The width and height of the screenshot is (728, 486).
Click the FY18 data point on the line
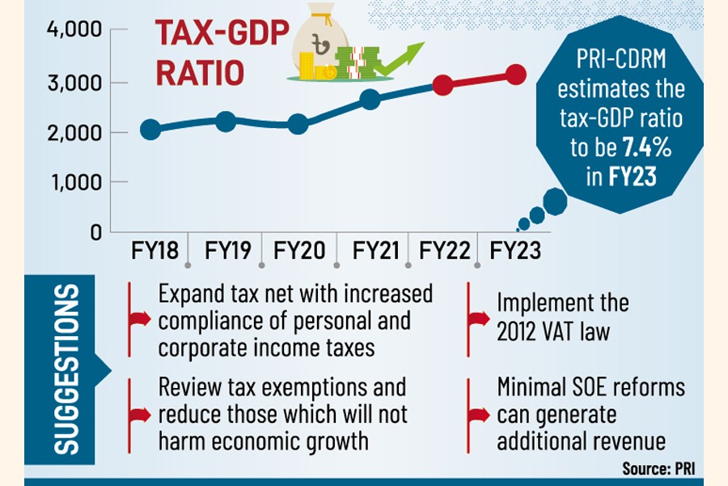tap(150, 130)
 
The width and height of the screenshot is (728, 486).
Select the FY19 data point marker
tap(226, 122)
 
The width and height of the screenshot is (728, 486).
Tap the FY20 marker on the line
tap(298, 124)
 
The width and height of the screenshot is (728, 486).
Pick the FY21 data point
tap(370, 100)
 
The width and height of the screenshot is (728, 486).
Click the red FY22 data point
tap(442, 84)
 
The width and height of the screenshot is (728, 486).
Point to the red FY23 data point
tap(515, 75)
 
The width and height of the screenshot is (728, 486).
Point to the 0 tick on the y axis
tap(95, 232)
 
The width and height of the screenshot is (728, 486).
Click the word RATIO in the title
tap(199, 74)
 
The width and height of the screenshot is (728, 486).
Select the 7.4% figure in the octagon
tap(645, 147)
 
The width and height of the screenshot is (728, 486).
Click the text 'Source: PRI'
tap(658, 468)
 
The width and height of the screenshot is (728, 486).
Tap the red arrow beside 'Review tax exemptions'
tap(139, 415)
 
